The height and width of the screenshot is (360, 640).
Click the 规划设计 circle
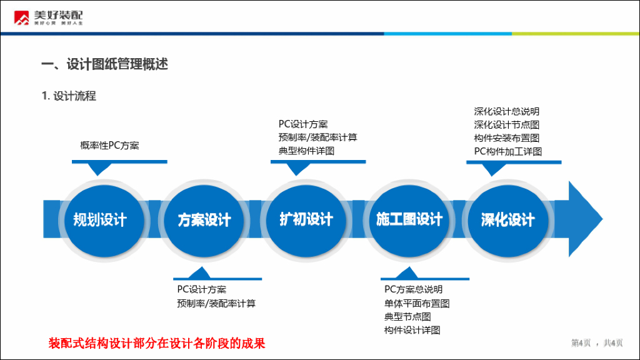click(100, 219)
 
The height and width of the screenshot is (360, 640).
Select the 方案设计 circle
click(204, 220)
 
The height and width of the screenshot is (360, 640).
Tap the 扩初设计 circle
click(306, 219)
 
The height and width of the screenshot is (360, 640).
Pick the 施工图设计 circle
click(409, 219)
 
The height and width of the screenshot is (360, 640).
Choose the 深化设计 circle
click(507, 220)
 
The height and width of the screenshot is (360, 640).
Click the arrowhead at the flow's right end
click(586, 218)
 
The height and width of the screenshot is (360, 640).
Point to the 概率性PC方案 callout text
click(109, 146)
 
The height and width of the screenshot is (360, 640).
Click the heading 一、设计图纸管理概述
click(105, 64)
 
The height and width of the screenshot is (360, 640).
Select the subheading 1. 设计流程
click(69, 96)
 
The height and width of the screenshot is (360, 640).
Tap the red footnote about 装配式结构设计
click(157, 343)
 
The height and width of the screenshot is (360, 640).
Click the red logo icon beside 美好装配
click(22, 18)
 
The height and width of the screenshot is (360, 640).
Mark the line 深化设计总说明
click(506, 112)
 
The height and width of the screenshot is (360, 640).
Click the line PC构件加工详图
click(507, 151)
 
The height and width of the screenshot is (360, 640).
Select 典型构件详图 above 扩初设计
click(306, 151)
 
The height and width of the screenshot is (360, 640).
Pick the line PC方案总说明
click(413, 289)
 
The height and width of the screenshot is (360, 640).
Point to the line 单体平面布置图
click(417, 303)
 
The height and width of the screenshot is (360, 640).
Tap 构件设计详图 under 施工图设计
click(412, 330)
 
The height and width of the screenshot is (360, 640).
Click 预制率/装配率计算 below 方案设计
click(216, 303)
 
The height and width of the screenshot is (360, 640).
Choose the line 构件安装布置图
click(506, 138)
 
